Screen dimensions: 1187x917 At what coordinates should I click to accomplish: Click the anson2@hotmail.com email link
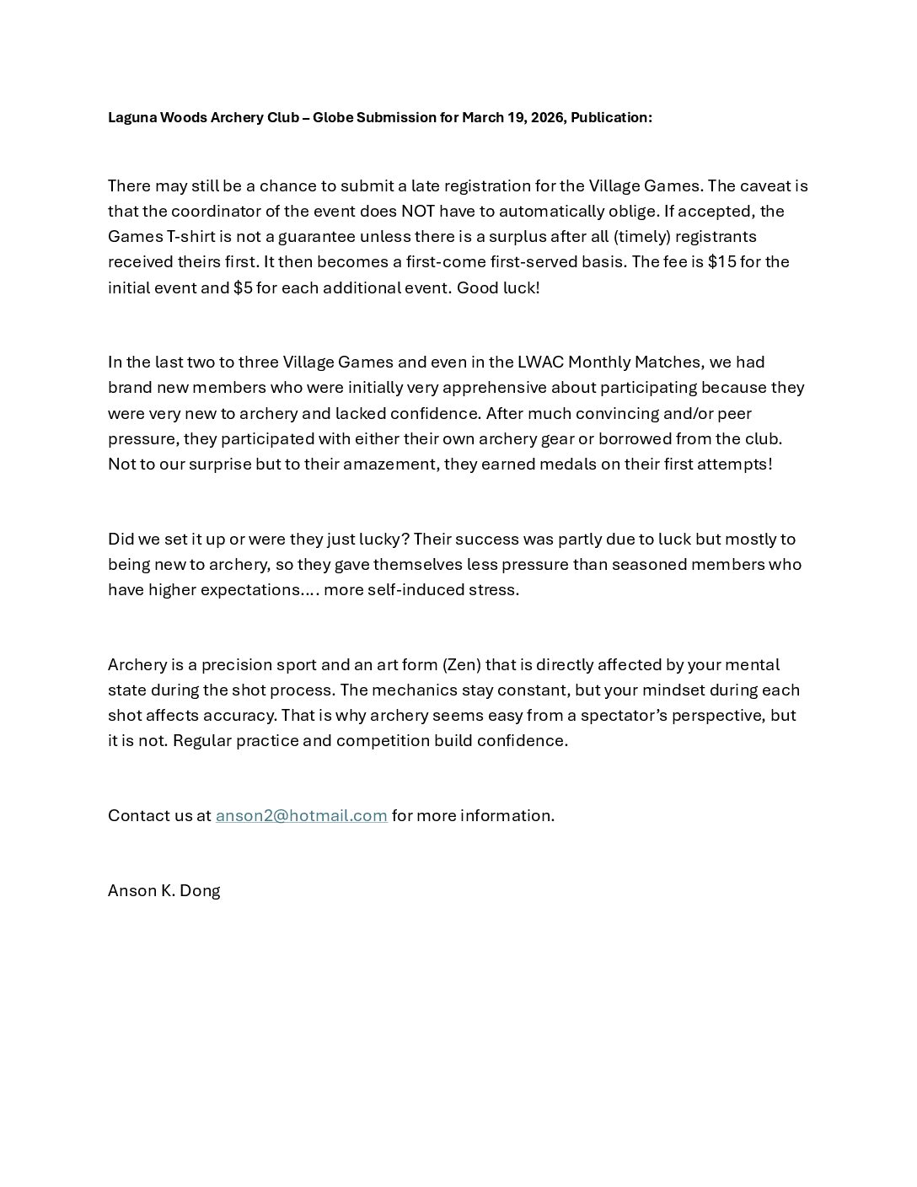tap(301, 815)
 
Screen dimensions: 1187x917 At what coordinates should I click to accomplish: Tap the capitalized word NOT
tap(417, 211)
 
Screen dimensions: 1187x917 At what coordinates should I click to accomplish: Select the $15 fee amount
tap(721, 261)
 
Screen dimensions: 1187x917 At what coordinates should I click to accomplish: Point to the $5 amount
tap(243, 287)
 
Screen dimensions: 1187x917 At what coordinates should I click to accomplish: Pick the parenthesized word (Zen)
tap(462, 664)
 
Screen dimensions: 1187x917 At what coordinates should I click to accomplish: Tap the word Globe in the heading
tap(332, 117)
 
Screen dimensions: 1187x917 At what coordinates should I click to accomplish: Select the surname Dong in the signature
tap(200, 890)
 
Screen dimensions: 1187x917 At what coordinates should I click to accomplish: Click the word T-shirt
tap(194, 236)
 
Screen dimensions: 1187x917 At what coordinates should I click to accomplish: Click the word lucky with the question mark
tap(383, 539)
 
